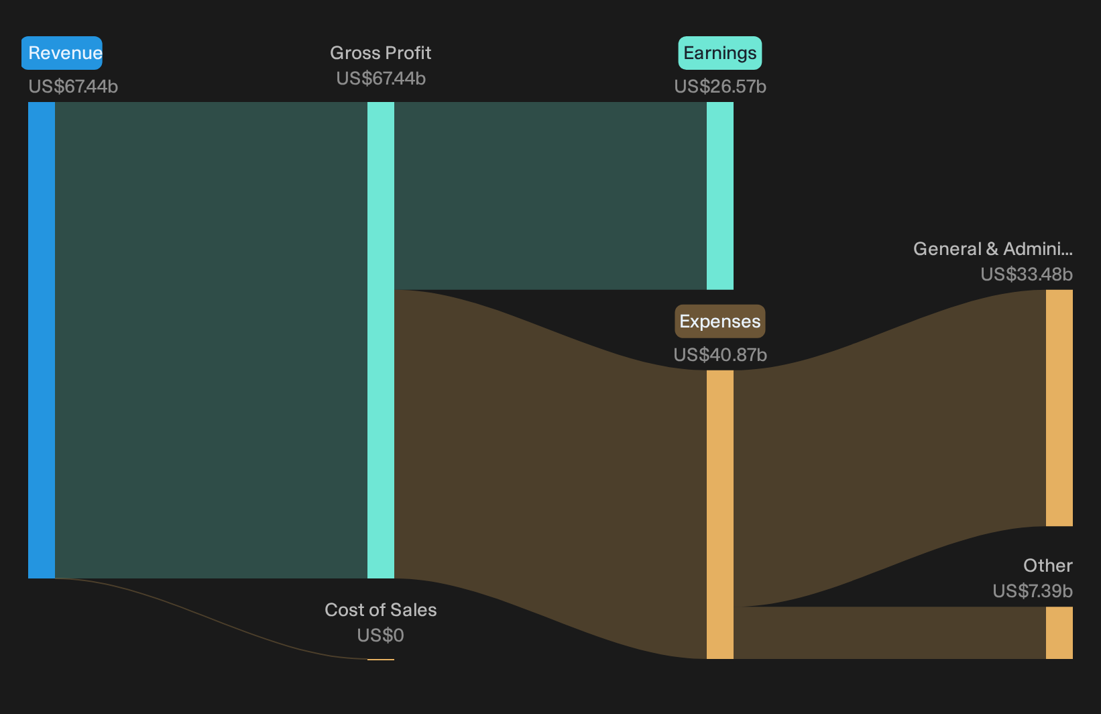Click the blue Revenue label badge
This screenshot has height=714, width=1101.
pos(62,52)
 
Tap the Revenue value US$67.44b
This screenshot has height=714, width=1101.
pos(73,87)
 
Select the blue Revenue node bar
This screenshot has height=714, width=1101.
pos(42,340)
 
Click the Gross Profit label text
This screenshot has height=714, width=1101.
pos(380,52)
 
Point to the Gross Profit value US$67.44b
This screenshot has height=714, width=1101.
pos(381,79)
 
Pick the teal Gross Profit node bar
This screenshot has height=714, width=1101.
pos(381,340)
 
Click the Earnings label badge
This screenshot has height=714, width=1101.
pos(720,52)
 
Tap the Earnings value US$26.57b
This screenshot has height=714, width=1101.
pos(720,87)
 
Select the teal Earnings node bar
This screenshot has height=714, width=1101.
pos(720,196)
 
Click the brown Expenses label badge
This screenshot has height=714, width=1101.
pos(720,321)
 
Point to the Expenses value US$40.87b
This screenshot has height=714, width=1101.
pos(720,355)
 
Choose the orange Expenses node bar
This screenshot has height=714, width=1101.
pos(720,515)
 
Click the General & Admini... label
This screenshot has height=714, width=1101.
pos(993,249)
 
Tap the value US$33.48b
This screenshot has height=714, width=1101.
pos(1027,274)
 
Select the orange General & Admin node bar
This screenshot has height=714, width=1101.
pos(1059,408)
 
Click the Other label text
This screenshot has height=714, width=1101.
pos(1048,566)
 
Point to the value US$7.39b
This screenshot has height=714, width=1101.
pos(1033,591)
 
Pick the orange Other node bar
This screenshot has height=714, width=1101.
pos(1059,633)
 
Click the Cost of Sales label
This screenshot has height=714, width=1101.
pos(380,610)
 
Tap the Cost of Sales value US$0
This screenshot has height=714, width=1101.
pos(380,635)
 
